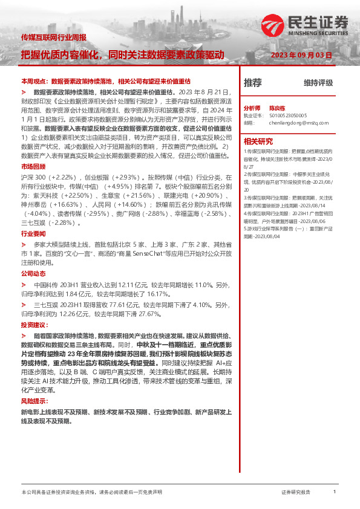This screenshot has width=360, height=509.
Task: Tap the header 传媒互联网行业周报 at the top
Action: click(54, 37)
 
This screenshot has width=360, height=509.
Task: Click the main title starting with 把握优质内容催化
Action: click(123, 55)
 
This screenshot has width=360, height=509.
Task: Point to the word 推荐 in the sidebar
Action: click(252, 82)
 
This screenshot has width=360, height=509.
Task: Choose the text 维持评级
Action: click(318, 83)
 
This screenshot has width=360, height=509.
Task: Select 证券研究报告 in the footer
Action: click(296, 493)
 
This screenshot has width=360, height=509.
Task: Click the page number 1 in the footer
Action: click(335, 492)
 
